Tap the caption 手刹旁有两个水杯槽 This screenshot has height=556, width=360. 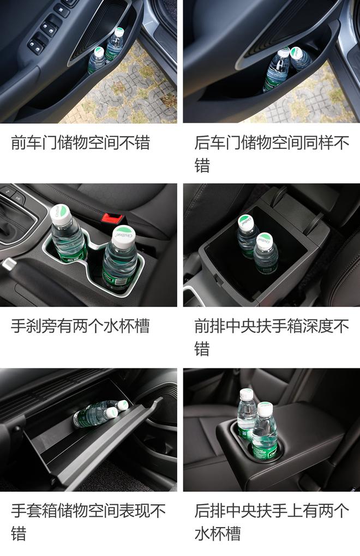[x=80, y=327]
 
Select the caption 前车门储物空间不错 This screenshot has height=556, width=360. [x=80, y=143]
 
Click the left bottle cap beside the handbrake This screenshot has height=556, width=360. [x=60, y=214]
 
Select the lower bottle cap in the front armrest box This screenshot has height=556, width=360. [x=265, y=240]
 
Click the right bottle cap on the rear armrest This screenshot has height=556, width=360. [x=265, y=409]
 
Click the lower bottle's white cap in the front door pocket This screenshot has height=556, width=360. [x=98, y=52]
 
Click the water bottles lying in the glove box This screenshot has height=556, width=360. [x=98, y=414]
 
